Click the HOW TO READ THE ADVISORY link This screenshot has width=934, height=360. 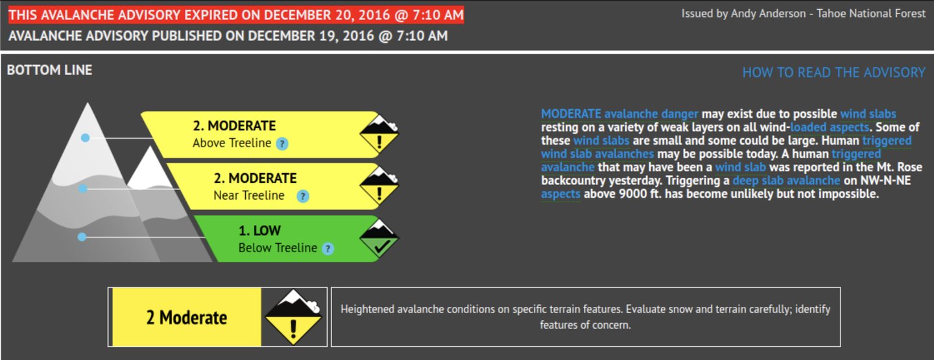tap(833, 73)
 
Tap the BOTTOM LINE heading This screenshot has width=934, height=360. tap(49, 70)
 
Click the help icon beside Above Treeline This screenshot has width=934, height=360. tap(282, 144)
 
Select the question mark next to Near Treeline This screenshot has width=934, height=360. tap(303, 196)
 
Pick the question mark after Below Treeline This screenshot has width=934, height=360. tap(328, 249)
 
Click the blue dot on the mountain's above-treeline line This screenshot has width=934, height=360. tap(85, 138)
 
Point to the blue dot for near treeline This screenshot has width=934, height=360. tap(83, 189)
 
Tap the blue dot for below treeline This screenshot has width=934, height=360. tap(82, 237)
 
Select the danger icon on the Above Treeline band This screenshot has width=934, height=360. tap(379, 134)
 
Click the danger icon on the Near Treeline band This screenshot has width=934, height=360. tap(379, 187)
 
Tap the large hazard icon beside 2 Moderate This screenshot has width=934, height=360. tap(294, 317)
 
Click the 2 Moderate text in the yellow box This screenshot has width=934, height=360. tap(186, 318)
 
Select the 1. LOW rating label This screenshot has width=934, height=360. tap(259, 231)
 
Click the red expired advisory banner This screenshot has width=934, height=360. tap(236, 15)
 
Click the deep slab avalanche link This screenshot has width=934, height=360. tap(786, 180)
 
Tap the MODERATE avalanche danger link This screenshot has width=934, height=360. tap(619, 114)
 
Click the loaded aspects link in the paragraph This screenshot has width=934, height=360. tap(830, 127)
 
